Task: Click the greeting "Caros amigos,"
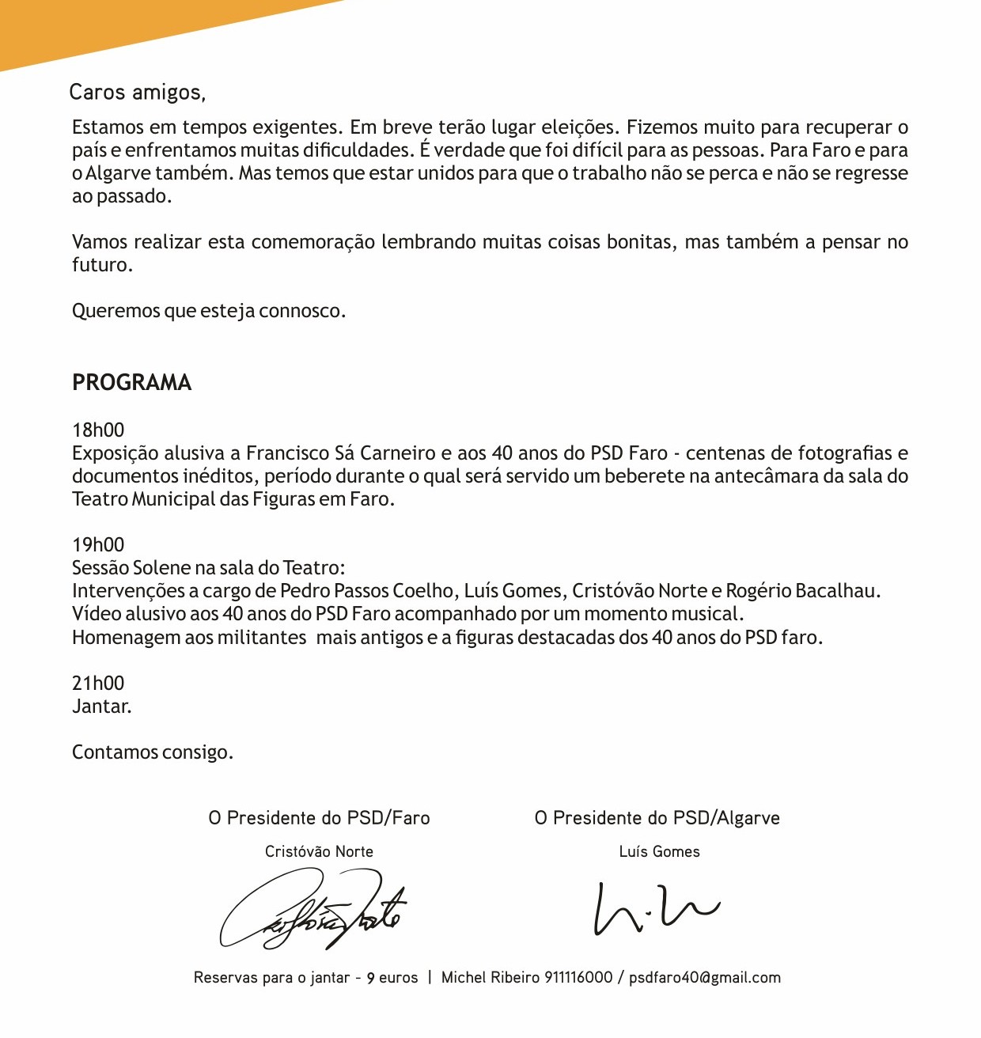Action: click(x=137, y=93)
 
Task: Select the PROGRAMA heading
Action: click(x=131, y=383)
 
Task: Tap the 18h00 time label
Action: click(x=98, y=430)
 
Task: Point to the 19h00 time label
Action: click(x=98, y=545)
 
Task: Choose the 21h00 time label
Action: click(x=98, y=684)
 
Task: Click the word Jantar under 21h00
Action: click(x=101, y=707)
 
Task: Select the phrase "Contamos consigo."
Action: click(x=153, y=752)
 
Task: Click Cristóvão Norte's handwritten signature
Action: click(x=313, y=910)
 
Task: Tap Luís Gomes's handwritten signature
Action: click(x=656, y=907)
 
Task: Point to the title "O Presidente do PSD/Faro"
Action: click(x=319, y=818)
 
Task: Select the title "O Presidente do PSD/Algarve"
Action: click(x=657, y=818)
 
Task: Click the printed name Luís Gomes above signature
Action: click(x=659, y=852)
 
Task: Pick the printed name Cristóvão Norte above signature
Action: click(x=319, y=852)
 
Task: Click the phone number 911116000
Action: click(x=579, y=978)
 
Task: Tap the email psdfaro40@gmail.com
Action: click(x=705, y=978)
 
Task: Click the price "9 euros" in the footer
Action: click(x=392, y=978)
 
